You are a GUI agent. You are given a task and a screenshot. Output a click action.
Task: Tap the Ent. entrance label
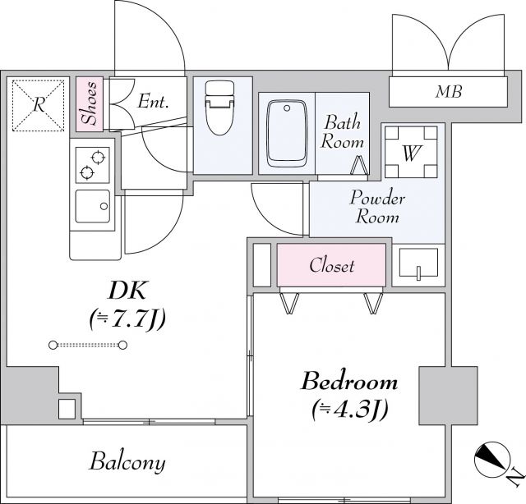(153, 102)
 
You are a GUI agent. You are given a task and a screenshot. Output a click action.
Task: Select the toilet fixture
(218, 107)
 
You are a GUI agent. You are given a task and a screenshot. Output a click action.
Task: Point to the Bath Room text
(343, 132)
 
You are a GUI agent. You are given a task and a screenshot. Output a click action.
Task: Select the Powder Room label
(377, 207)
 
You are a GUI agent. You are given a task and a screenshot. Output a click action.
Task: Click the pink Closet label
(332, 265)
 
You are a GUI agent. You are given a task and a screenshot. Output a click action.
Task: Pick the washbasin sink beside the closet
(419, 265)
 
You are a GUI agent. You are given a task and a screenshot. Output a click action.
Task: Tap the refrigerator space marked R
(38, 104)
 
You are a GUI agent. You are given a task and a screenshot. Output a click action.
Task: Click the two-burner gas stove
(92, 164)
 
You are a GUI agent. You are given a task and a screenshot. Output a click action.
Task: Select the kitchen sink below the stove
(93, 206)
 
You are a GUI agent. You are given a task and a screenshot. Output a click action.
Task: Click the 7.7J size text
(127, 319)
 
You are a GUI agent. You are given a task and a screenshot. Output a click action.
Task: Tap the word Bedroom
(349, 382)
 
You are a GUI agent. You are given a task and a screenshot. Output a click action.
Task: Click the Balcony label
(127, 461)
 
